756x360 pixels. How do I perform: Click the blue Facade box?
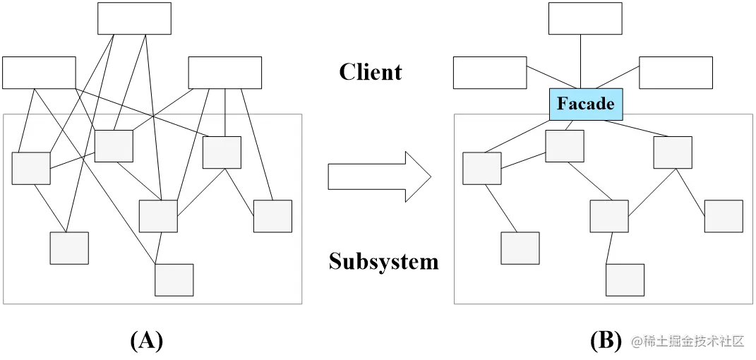586,104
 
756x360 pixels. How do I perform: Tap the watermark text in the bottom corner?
688,341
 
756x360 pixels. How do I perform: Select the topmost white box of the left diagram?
134,18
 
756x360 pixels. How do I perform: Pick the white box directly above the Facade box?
585,18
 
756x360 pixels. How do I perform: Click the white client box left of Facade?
490,73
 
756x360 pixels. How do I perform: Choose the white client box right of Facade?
676,73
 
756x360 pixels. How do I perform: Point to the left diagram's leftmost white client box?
39,73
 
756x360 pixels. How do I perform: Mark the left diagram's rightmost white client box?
224,73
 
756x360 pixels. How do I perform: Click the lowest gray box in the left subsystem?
174,280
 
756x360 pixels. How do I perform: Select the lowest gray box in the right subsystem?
625,280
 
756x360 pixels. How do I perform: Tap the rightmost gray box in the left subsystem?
272,216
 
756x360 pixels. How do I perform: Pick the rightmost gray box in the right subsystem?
724,216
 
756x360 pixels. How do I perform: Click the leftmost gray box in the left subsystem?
31,168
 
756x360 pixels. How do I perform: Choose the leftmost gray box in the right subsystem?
482,168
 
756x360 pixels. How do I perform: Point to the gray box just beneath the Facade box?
565,146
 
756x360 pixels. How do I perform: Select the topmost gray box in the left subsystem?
114,146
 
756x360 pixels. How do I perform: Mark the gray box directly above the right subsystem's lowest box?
609,216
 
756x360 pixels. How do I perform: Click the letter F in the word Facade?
563,104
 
